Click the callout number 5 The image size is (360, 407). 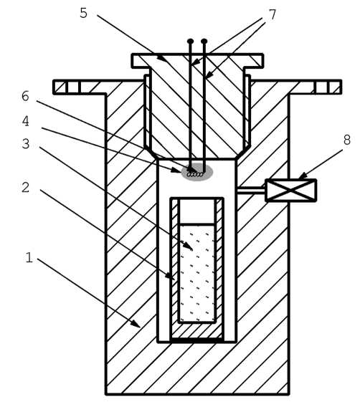pyautogui.click(x=83, y=13)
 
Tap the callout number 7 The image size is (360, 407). pyautogui.click(x=273, y=14)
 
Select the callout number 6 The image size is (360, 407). pyautogui.click(x=25, y=96)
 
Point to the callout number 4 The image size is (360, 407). pyautogui.click(x=25, y=121)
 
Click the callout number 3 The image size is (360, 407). pyautogui.click(x=25, y=144)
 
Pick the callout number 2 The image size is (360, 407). pyautogui.click(x=25, y=187)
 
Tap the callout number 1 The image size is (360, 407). pyautogui.click(x=29, y=257)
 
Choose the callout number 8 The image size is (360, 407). pyautogui.click(x=347, y=140)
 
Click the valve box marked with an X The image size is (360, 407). pyautogui.click(x=291, y=191)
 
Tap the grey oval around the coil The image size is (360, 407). pyautogui.click(x=197, y=172)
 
